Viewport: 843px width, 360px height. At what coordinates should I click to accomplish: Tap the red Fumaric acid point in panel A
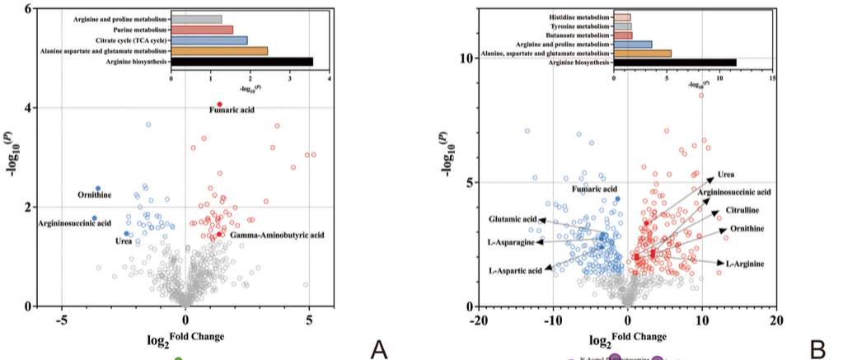(x=220, y=105)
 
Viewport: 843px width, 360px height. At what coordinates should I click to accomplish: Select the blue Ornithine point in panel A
(x=98, y=189)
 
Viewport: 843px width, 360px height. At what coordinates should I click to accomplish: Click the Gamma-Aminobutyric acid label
(x=277, y=236)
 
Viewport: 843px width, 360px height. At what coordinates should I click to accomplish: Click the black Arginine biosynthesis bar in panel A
(x=241, y=62)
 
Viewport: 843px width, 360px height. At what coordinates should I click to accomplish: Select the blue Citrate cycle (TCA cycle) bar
(x=208, y=40)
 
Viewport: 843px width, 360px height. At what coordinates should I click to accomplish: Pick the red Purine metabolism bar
(x=202, y=30)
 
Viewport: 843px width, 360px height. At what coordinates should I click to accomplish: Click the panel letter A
(x=379, y=349)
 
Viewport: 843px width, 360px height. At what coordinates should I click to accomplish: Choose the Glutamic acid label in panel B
(x=513, y=220)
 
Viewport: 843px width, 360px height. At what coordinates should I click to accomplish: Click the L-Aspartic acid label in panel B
(x=515, y=270)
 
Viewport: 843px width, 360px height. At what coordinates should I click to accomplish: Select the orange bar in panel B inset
(x=642, y=53)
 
